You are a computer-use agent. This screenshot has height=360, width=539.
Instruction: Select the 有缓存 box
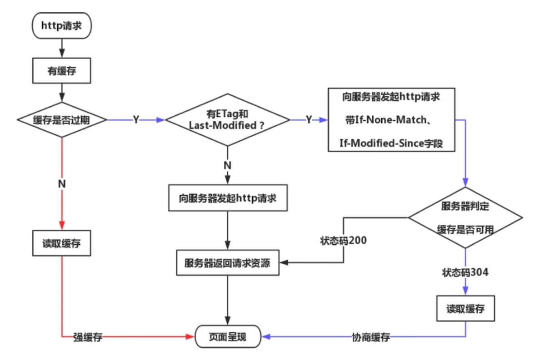[x=61, y=71]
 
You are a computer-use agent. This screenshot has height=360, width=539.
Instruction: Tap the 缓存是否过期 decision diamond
[x=61, y=120]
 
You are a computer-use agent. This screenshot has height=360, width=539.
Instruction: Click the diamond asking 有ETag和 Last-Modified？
[x=227, y=120]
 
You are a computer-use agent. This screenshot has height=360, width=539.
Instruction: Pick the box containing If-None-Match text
[x=391, y=120]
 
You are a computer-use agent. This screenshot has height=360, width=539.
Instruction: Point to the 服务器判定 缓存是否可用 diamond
[x=465, y=217]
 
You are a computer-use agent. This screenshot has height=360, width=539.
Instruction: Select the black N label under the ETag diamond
[x=227, y=165]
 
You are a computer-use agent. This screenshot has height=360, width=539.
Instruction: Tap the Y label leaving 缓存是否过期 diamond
[x=136, y=120]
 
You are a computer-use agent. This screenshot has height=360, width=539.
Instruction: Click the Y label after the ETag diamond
[x=309, y=120]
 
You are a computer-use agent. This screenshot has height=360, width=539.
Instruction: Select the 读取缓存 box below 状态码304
[x=465, y=309]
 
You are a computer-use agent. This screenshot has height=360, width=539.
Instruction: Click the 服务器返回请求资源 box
[x=227, y=262]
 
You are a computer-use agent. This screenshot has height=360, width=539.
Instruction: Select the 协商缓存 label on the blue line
[x=370, y=338]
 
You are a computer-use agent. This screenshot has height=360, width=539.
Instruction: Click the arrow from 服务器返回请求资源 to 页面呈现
[x=227, y=300]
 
